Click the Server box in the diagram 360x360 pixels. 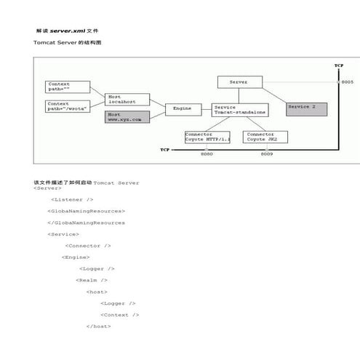tap(239, 82)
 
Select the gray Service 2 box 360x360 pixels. tap(306, 108)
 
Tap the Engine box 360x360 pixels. tap(183, 109)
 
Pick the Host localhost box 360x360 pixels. tap(127, 99)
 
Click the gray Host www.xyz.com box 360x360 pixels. tap(127, 116)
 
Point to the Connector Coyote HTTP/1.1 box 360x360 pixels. tap(207, 137)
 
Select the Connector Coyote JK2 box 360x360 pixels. tap(266, 137)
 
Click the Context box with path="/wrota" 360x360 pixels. tap(67, 106)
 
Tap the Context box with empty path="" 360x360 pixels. tap(67, 87)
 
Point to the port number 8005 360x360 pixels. tap(348, 83)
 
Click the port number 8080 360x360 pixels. tap(207, 154)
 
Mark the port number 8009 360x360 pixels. tap(267, 154)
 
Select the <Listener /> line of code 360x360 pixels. tap(72, 199)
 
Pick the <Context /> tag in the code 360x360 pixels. tap(119, 315)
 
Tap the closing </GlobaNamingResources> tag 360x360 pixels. tap(86, 223)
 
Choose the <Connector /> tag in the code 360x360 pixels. tap(88, 246)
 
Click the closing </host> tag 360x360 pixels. tap(98, 327)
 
